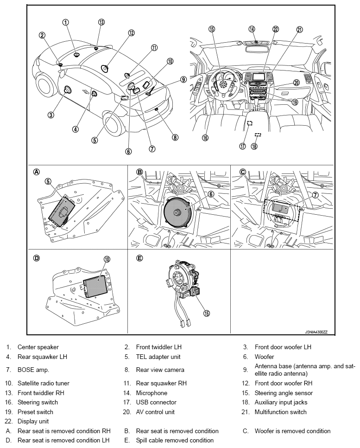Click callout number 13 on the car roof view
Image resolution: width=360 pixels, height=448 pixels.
tap(101, 22)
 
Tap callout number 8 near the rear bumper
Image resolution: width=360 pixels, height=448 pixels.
tap(175, 137)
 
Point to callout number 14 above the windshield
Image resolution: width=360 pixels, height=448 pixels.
tap(252, 29)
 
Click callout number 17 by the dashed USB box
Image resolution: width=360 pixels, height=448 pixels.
tap(242, 146)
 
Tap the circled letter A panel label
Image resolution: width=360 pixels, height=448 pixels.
tap(37, 172)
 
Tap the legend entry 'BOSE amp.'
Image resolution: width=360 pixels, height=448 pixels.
tap(33, 370)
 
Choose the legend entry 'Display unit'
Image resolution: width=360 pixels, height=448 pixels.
tap(33, 421)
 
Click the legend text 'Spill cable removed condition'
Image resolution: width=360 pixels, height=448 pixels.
tap(175, 440)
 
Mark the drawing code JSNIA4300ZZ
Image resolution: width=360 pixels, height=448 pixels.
tap(316, 333)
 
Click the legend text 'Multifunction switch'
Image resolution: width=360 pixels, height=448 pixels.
tap(280, 412)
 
